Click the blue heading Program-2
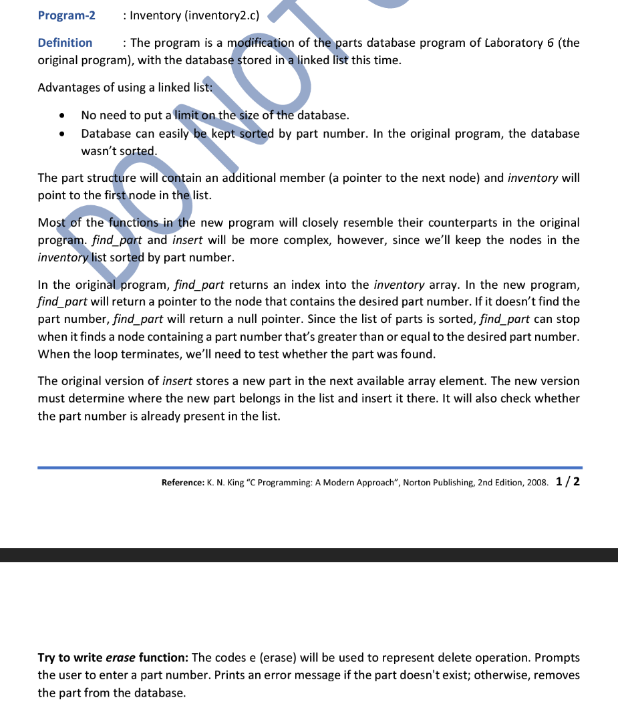click(x=66, y=15)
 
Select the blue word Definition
click(x=65, y=43)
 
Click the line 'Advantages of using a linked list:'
click(x=125, y=88)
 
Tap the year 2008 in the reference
click(x=536, y=483)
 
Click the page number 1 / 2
click(x=567, y=481)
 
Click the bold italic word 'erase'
click(x=121, y=658)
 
